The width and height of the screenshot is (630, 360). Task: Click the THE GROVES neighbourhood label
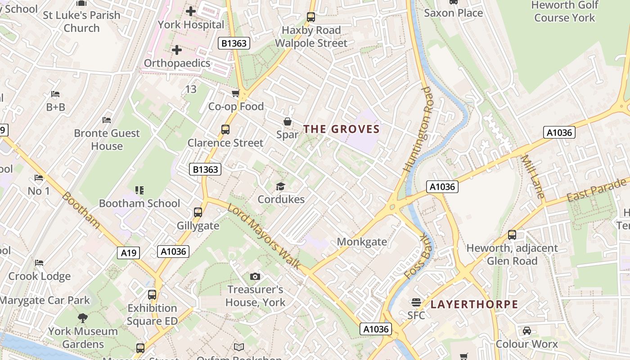[x=342, y=129]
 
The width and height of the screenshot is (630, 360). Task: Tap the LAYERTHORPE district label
[x=474, y=304]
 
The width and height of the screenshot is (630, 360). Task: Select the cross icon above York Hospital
[x=191, y=11]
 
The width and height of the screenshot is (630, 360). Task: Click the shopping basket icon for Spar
[x=287, y=121]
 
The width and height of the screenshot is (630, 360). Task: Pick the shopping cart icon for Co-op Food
[x=235, y=94]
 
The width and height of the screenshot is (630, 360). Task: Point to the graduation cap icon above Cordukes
[x=281, y=186]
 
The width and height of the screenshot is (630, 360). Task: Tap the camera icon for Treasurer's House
[x=255, y=276]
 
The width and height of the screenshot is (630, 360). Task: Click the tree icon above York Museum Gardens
[x=82, y=318]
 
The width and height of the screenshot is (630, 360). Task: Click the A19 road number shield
[x=129, y=253]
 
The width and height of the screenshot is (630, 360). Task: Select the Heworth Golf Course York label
[x=565, y=12]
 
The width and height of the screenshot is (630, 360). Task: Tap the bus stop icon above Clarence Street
[x=225, y=130]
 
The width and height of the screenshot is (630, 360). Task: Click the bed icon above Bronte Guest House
[x=107, y=120]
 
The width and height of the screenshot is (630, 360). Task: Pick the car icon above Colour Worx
[x=526, y=331]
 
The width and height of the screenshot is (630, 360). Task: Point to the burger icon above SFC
[x=416, y=302]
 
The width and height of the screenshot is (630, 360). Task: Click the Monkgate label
[x=362, y=242]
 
